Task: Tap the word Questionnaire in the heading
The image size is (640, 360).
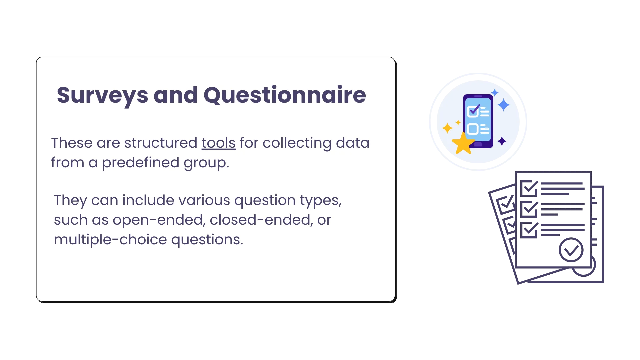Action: click(x=285, y=95)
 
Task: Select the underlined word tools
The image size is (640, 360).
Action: click(x=218, y=143)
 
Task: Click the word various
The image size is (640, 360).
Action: click(x=204, y=200)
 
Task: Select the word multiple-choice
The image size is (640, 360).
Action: click(x=110, y=240)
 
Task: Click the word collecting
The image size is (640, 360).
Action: click(x=297, y=143)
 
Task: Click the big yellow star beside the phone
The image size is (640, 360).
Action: click(x=463, y=143)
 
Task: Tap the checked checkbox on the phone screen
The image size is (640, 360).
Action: click(x=473, y=111)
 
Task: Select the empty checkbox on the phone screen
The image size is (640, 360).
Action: click(x=473, y=129)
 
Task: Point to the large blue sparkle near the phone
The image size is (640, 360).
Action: click(x=503, y=105)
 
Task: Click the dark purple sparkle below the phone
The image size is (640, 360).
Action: click(x=502, y=141)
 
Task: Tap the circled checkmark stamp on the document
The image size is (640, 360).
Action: click(x=571, y=249)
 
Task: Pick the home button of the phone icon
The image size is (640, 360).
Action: click(x=478, y=144)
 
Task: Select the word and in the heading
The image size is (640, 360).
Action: click(x=176, y=95)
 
